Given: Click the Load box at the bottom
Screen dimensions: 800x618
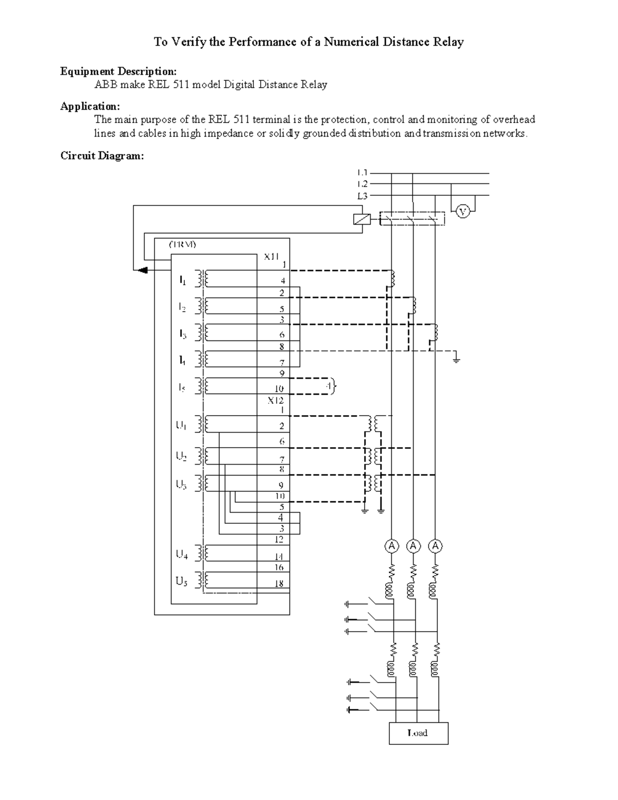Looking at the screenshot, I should pos(418,733).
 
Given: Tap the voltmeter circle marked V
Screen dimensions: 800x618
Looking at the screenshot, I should pos(463,211).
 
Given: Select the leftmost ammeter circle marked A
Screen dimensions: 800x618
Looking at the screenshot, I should pos(392,546).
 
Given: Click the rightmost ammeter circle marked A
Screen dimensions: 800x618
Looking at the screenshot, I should pos(436,546).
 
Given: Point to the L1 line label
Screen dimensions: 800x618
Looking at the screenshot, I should pos(362,173).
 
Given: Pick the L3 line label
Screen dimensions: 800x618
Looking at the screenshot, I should pos(362,196).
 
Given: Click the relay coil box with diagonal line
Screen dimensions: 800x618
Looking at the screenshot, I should pos(362,219).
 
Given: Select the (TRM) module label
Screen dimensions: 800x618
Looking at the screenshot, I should pos(183,244).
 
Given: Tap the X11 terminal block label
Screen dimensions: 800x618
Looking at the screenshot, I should pos(271,256).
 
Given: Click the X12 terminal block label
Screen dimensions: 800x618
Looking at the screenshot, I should pos(275,400).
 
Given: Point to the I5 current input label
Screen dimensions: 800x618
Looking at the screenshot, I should pos(182,388).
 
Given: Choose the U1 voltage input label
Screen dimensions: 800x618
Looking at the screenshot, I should pos(181,425).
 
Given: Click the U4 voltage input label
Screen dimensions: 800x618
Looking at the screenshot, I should pos(182,555).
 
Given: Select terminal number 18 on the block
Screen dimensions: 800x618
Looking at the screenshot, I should pos(279,584).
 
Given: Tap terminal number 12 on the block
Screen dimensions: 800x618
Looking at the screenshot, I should pos(279,539).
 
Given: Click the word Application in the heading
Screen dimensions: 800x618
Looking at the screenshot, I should pos(90,106).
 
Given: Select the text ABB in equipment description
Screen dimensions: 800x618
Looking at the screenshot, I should pos(106,84).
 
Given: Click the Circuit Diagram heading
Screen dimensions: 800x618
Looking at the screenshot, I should pos(102,156).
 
